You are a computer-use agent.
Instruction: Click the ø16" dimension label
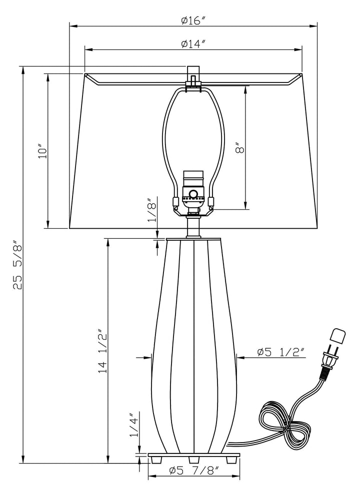point(193,20)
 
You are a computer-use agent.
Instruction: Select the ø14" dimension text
point(193,43)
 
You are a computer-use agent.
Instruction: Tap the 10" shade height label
point(42,151)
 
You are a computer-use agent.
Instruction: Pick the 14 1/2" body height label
point(102,351)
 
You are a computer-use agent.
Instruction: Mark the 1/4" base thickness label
point(133,426)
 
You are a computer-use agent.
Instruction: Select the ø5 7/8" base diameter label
point(193,471)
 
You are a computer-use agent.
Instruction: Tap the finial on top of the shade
point(193,73)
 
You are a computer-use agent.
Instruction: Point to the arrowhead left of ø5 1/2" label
point(240,357)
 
